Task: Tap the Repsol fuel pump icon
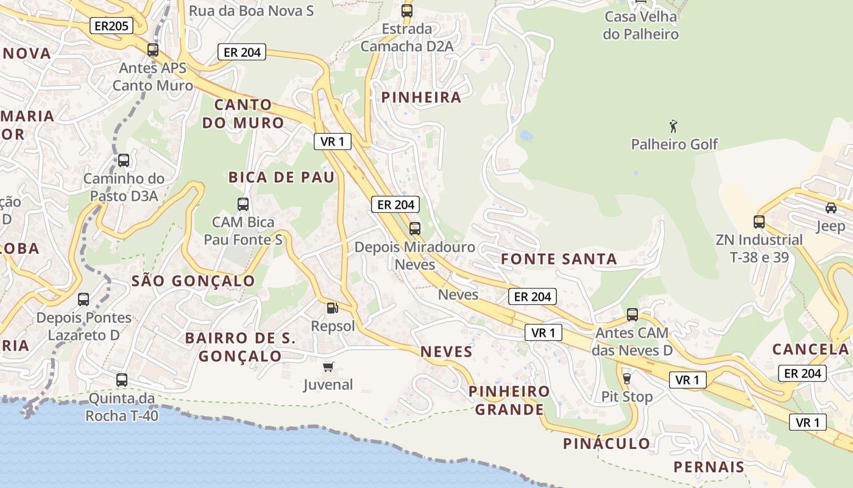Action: (x=332, y=308)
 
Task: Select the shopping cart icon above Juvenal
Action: (x=328, y=367)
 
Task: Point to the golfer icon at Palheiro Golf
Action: (x=673, y=126)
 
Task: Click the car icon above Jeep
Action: (x=830, y=208)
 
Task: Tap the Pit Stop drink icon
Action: (x=626, y=379)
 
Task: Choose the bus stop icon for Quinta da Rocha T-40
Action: (x=122, y=380)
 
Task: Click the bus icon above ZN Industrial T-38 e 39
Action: (x=759, y=222)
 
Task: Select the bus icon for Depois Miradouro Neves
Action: (x=415, y=229)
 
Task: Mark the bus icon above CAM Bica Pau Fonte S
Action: (x=243, y=204)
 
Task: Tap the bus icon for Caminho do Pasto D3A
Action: (x=124, y=160)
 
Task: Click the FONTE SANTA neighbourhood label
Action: (x=559, y=259)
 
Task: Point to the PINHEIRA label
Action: (x=421, y=98)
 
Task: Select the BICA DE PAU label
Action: (x=281, y=178)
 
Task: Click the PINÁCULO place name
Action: (x=606, y=443)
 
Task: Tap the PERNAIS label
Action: (x=709, y=467)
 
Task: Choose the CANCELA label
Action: (x=810, y=349)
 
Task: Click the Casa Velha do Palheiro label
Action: (x=640, y=26)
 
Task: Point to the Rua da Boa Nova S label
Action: (x=251, y=11)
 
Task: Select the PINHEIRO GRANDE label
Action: (x=509, y=400)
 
